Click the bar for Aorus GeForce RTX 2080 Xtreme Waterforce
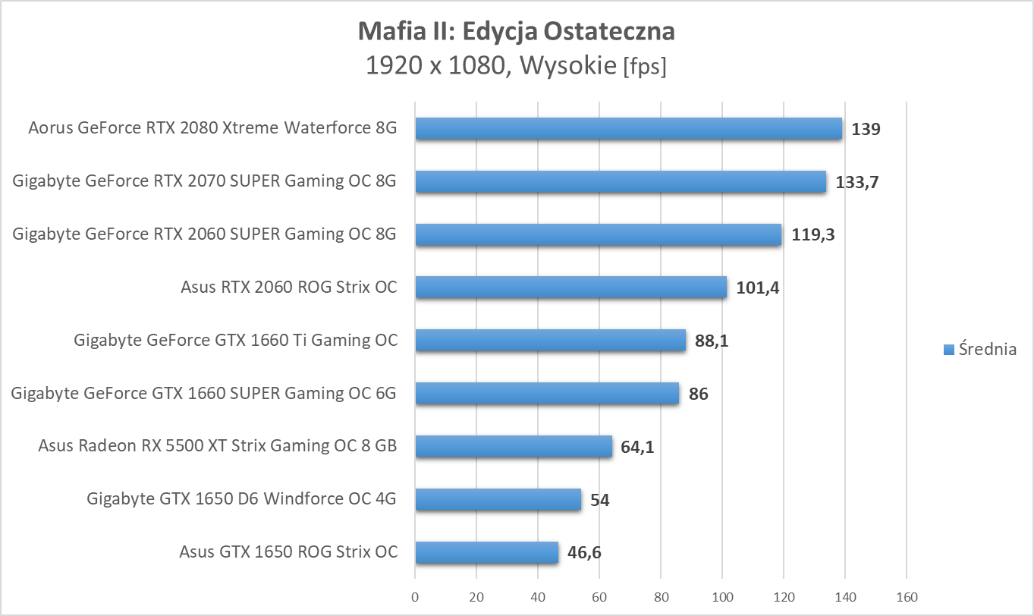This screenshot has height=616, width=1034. click(628, 128)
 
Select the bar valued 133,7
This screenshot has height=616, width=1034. click(620, 181)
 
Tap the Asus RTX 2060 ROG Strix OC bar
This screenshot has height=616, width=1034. click(570, 288)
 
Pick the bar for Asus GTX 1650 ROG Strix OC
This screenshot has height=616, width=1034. click(486, 552)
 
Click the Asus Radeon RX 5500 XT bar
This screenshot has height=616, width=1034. click(514, 446)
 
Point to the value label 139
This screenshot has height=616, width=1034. click(866, 129)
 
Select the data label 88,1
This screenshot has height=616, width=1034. click(712, 341)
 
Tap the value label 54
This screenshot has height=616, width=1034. click(599, 500)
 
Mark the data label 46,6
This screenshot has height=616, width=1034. click(584, 553)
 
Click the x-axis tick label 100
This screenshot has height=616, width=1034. click(722, 597)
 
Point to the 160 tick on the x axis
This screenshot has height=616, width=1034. click(907, 597)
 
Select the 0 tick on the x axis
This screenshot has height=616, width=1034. click(415, 597)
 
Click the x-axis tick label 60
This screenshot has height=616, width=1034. click(599, 597)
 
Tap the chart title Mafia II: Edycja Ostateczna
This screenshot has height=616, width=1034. click(516, 32)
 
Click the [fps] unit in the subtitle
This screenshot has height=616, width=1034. click(644, 68)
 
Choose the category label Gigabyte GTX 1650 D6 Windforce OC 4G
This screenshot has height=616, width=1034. click(242, 498)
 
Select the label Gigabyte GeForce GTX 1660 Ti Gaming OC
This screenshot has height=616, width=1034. click(235, 340)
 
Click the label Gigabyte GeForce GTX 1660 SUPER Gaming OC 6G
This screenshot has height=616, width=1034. click(204, 393)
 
